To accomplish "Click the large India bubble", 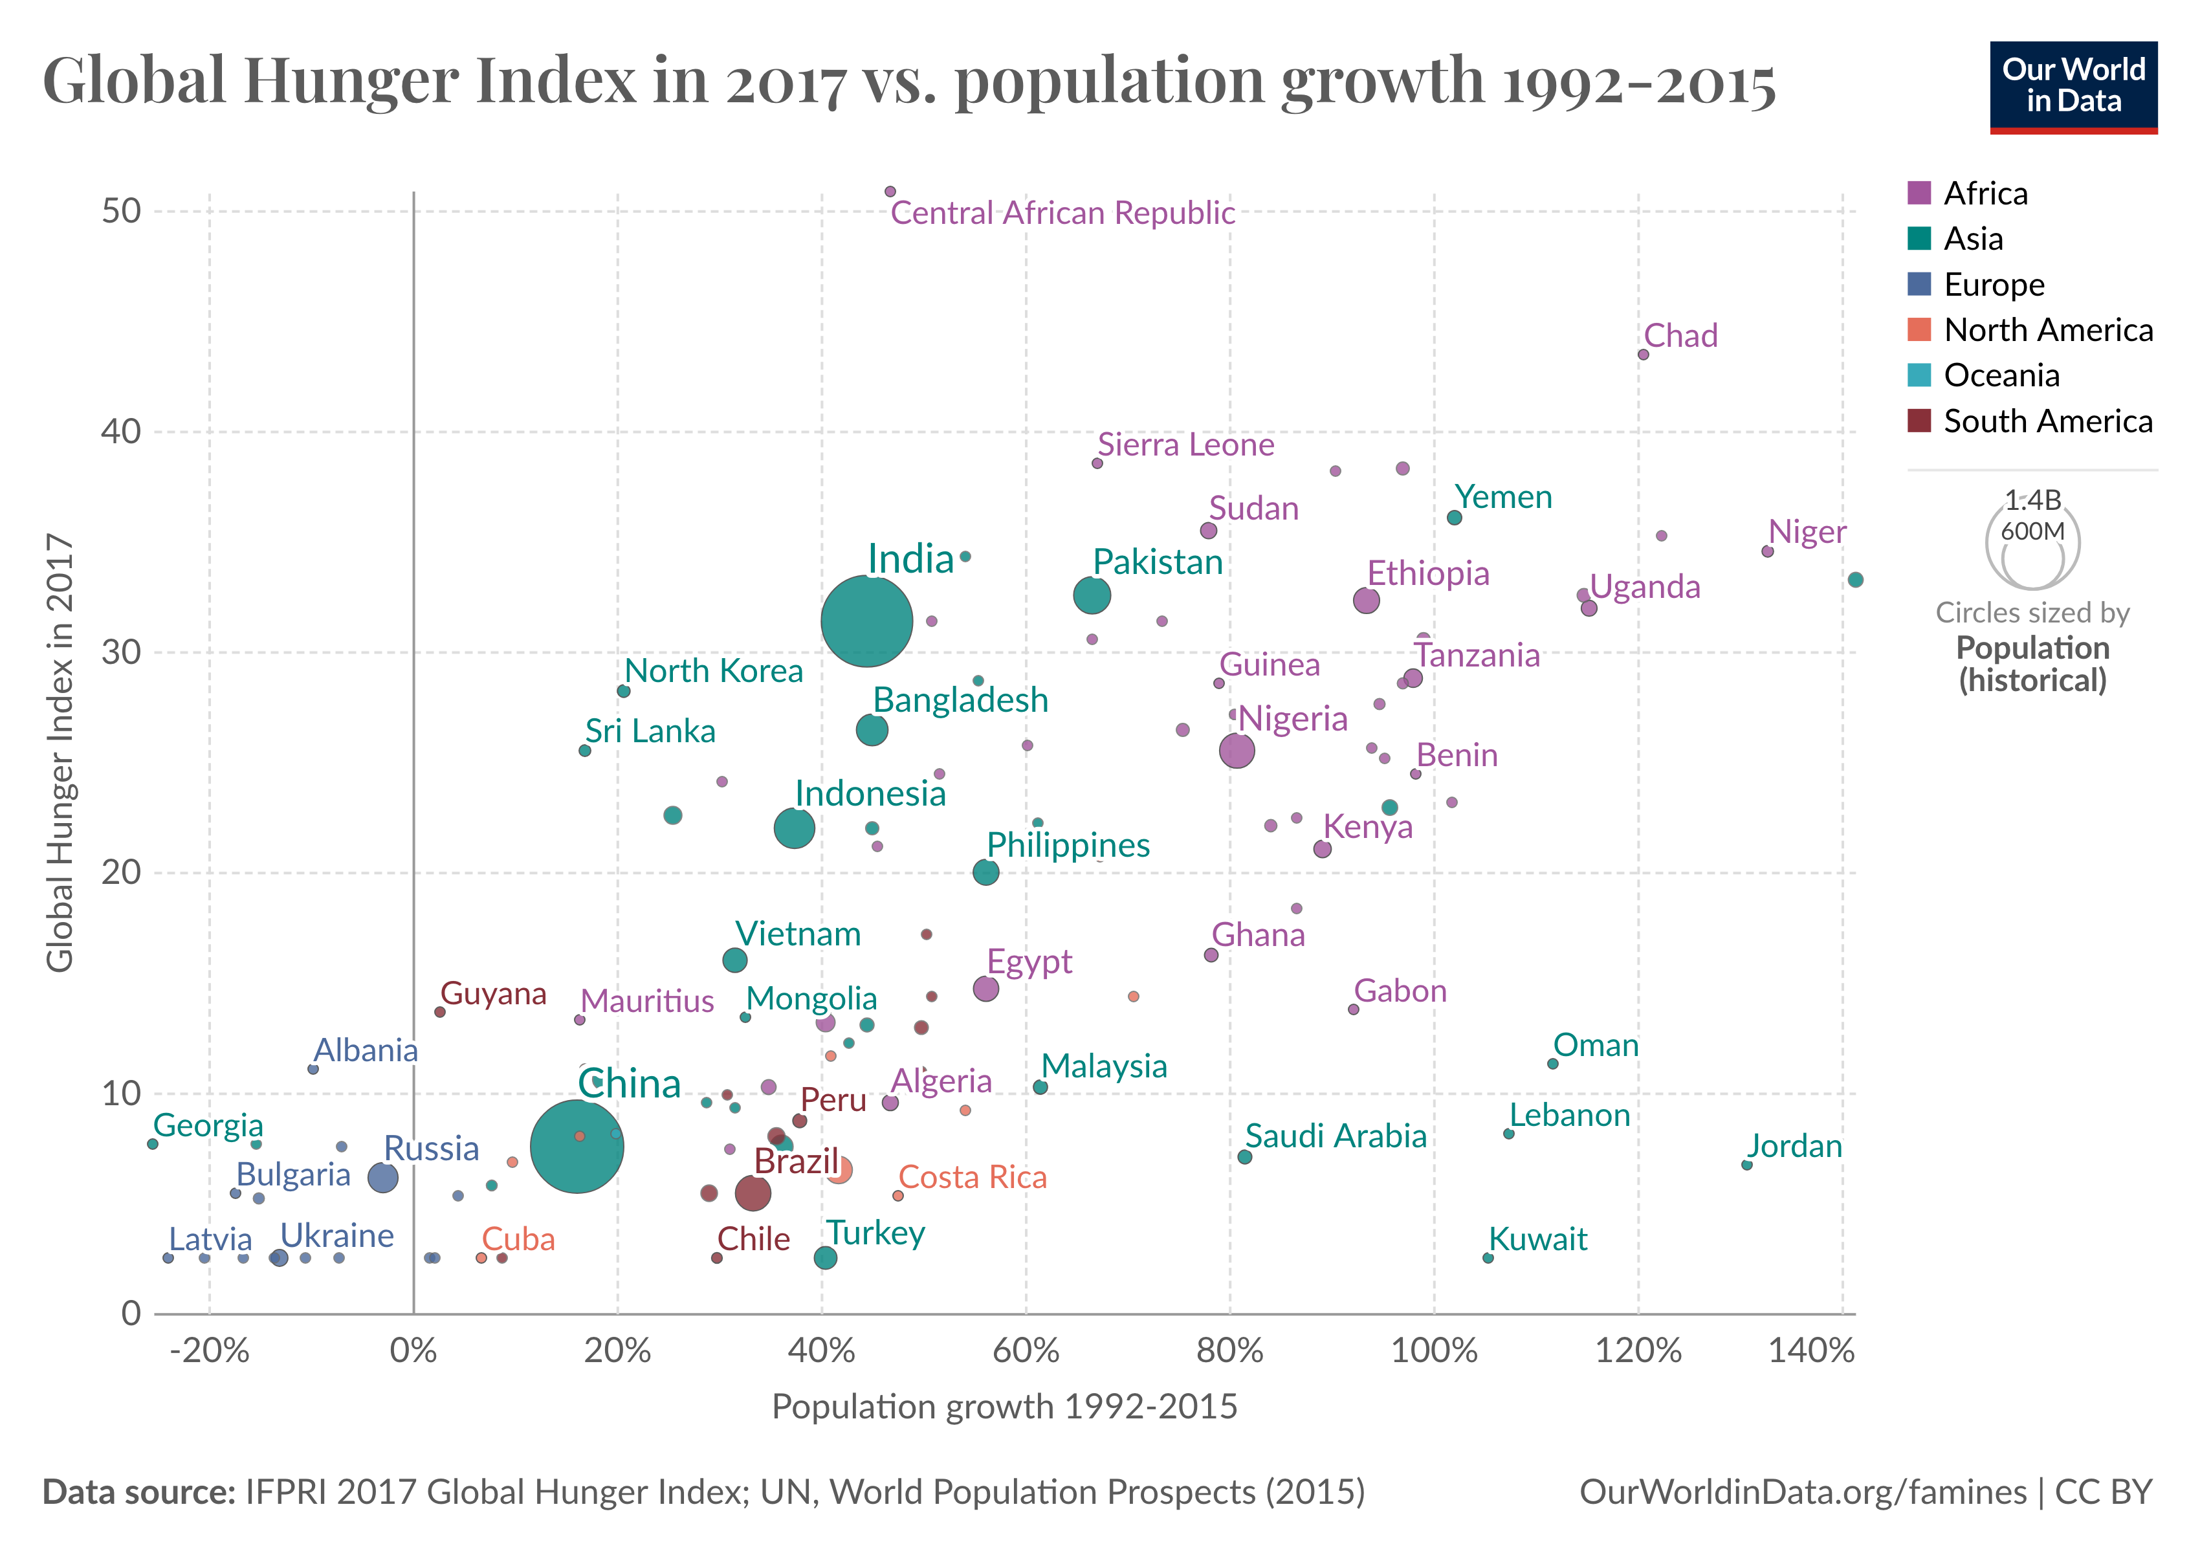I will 866,621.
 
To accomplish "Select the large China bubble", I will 576,1147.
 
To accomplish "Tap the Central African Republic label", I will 1062,213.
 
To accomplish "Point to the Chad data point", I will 1644,355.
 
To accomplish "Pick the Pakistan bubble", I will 1092,595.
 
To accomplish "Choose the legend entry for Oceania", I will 2001,375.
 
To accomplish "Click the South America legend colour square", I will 1919,421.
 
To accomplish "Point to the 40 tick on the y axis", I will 121,431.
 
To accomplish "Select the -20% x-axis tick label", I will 209,1351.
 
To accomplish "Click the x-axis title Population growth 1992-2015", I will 1004,1406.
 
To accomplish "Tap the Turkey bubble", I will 825,1258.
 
